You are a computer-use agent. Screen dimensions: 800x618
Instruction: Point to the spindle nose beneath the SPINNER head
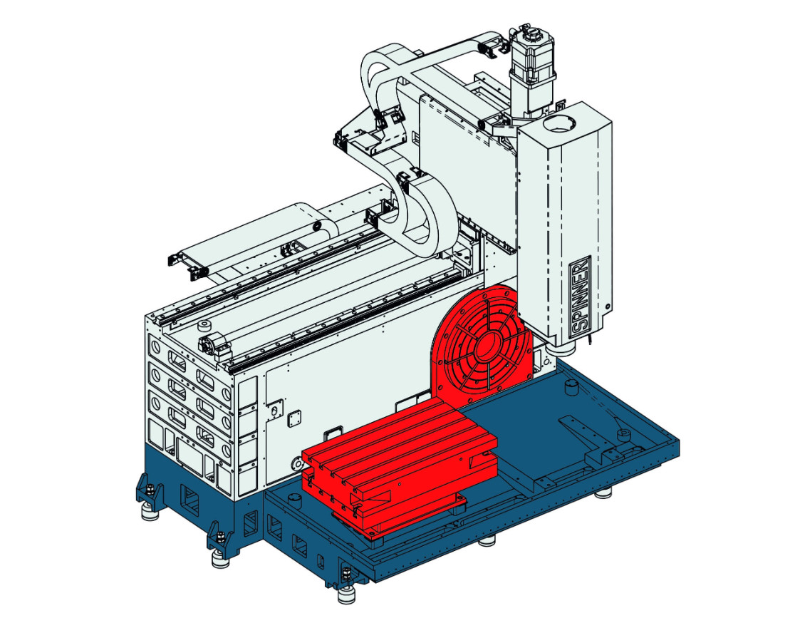pos(562,348)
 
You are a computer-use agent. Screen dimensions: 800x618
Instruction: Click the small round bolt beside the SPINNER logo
pos(606,307)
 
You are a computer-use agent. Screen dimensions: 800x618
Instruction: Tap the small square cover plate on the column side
pos(294,420)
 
